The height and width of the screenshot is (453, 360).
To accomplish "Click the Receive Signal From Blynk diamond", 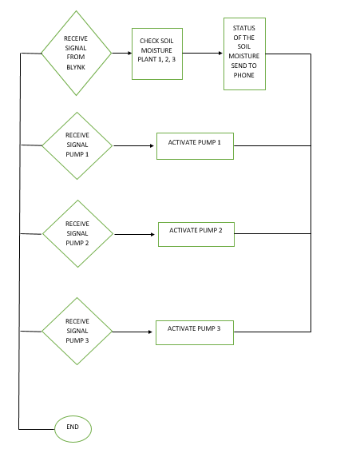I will (77, 54).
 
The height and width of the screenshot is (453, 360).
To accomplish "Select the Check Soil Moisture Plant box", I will (156, 54).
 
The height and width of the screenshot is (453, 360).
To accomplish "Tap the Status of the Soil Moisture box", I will (243, 54).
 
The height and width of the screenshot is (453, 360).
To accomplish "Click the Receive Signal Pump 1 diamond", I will (77, 145).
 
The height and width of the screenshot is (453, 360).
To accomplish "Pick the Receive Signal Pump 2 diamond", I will (77, 234).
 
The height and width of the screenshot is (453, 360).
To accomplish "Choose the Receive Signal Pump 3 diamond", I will (77, 331).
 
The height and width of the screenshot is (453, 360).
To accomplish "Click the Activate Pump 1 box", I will (195, 145).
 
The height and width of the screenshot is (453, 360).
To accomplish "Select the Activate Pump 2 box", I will (196, 233).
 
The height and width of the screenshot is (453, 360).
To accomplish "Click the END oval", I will (73, 428).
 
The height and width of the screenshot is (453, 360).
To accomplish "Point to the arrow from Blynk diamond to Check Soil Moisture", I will (122, 54).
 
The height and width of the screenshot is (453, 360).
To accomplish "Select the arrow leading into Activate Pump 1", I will (134, 145).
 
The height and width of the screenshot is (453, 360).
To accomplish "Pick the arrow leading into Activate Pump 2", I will (134, 234).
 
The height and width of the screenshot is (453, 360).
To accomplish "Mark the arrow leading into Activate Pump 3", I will (134, 331).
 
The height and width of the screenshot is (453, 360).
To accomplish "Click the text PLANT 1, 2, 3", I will (156, 60).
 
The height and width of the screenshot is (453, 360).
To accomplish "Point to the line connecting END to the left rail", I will (36, 429).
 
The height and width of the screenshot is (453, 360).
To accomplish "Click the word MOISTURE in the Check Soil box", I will (156, 50).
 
